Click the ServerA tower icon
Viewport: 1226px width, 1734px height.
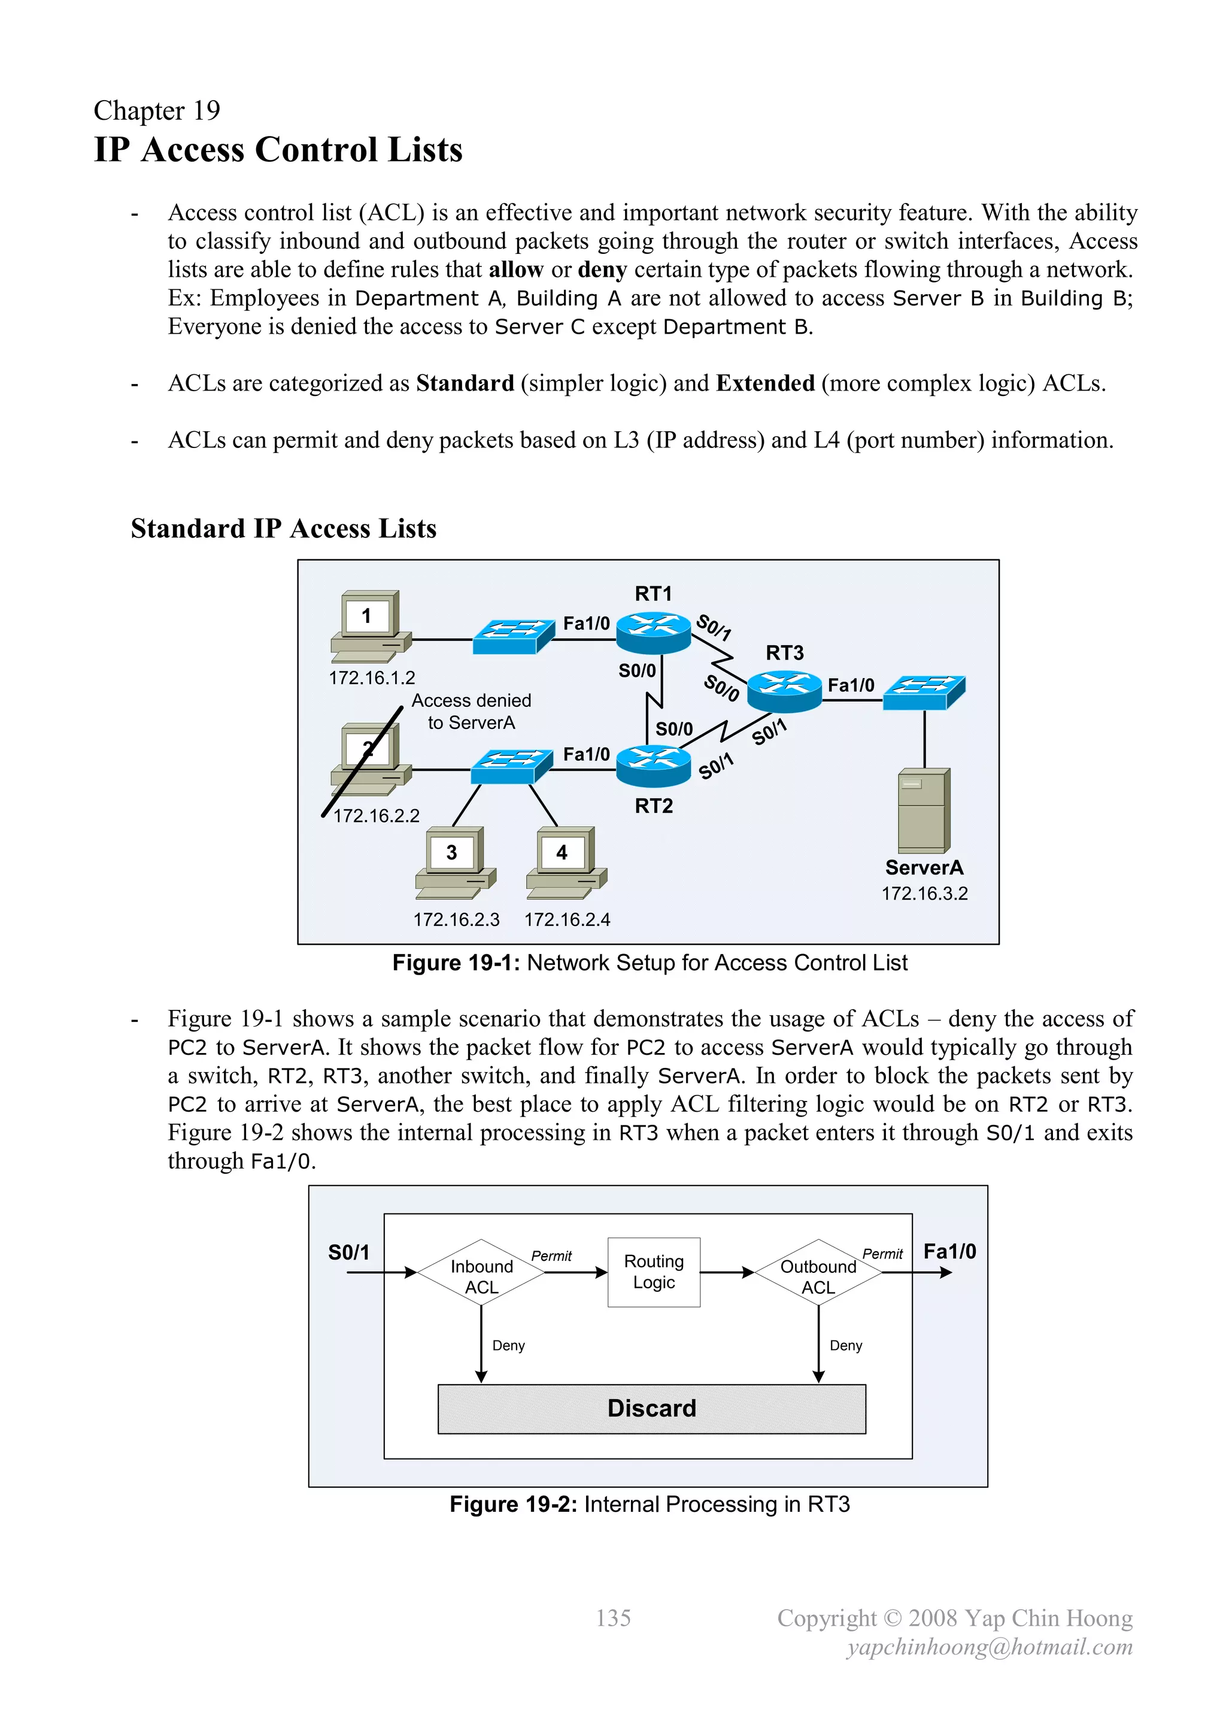(923, 810)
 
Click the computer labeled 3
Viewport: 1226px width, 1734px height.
(455, 862)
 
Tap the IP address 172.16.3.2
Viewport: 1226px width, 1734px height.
(924, 894)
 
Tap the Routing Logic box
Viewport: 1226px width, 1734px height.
(654, 1272)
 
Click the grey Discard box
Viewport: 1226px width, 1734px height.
(651, 1409)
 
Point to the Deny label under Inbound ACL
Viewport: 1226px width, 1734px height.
(508, 1345)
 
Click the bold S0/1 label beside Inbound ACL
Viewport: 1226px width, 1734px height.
(349, 1252)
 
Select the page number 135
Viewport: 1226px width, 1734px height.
(613, 1618)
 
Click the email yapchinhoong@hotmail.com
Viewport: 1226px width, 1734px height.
(989, 1647)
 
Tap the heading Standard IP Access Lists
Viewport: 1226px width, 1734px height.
(283, 529)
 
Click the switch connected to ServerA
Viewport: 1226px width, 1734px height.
(923, 692)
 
